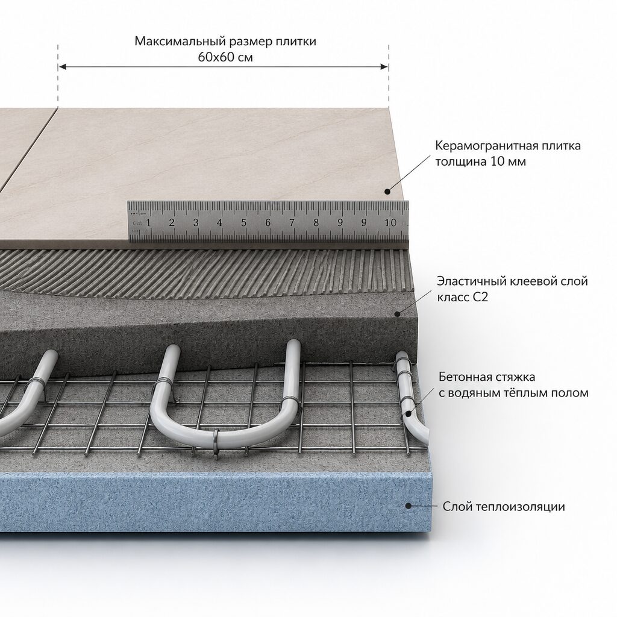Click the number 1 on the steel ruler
click(x=148, y=223)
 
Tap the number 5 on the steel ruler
click(x=243, y=223)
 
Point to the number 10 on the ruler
click(x=390, y=223)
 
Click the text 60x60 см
click(x=225, y=57)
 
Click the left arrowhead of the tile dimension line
click(x=62, y=67)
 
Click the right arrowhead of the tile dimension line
click(x=384, y=67)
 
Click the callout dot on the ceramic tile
click(x=387, y=192)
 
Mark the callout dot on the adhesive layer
click(x=398, y=314)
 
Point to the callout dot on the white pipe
click(x=409, y=413)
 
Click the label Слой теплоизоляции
click(x=504, y=506)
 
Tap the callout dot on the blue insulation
click(x=409, y=506)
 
